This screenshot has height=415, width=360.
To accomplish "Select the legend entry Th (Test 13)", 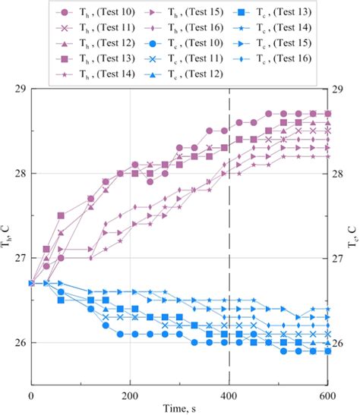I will pos(85,58).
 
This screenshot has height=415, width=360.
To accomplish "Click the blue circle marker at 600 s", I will pos(328,351).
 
